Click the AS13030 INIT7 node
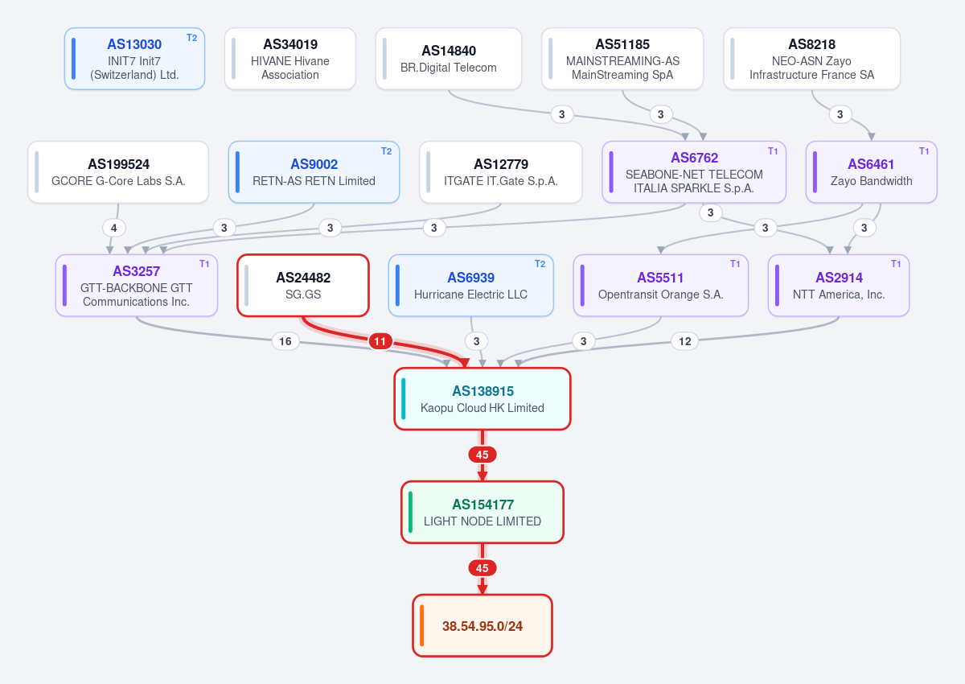point(134,59)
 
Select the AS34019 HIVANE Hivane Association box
point(290,59)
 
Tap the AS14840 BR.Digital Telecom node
point(449,59)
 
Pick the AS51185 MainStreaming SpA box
point(622,59)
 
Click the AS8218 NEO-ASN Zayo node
point(811,59)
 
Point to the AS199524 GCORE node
point(118,172)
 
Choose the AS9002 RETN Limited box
point(314,172)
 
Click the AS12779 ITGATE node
point(500,172)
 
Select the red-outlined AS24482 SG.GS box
point(303,286)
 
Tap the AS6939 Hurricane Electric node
point(471,286)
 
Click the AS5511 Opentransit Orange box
point(660,286)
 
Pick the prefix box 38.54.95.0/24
point(482,625)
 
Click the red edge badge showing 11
point(380,341)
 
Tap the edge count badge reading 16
point(285,341)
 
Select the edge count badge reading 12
point(684,341)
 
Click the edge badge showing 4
point(113,228)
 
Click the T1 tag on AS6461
point(924,151)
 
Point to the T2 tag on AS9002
point(386,151)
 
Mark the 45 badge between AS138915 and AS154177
point(482,455)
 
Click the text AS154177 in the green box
point(482,505)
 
